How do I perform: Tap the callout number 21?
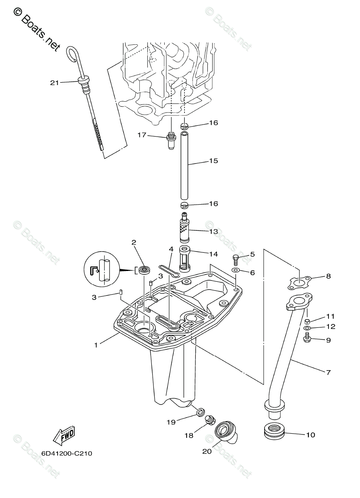tap(54, 83)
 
